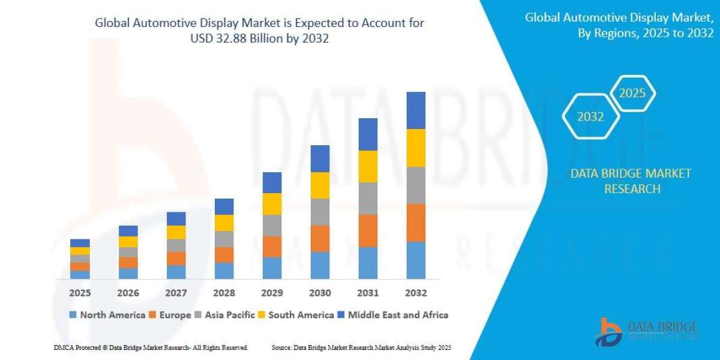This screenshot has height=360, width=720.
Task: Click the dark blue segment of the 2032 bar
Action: tap(416, 110)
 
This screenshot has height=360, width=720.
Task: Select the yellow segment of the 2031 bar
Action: tap(368, 166)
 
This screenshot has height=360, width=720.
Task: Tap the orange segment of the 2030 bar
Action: tap(320, 238)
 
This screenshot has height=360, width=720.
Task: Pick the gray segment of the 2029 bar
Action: tap(272, 226)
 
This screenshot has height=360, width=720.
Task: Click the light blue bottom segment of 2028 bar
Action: tap(224, 271)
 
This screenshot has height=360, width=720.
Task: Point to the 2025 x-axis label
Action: tap(80, 293)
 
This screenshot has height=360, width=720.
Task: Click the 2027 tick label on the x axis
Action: tap(176, 293)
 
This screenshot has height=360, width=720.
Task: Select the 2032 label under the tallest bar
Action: tap(416, 293)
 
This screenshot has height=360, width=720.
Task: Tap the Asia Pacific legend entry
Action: tap(224, 314)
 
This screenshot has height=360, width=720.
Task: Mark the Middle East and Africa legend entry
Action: tap(392, 314)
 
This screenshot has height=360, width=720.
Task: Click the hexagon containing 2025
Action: tap(632, 94)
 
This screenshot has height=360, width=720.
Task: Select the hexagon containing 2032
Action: tap(590, 117)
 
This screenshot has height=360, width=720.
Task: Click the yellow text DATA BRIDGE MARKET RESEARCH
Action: tap(631, 181)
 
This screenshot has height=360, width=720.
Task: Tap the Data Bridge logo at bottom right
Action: tap(647, 331)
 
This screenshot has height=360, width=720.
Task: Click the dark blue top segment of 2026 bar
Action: tap(128, 231)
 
